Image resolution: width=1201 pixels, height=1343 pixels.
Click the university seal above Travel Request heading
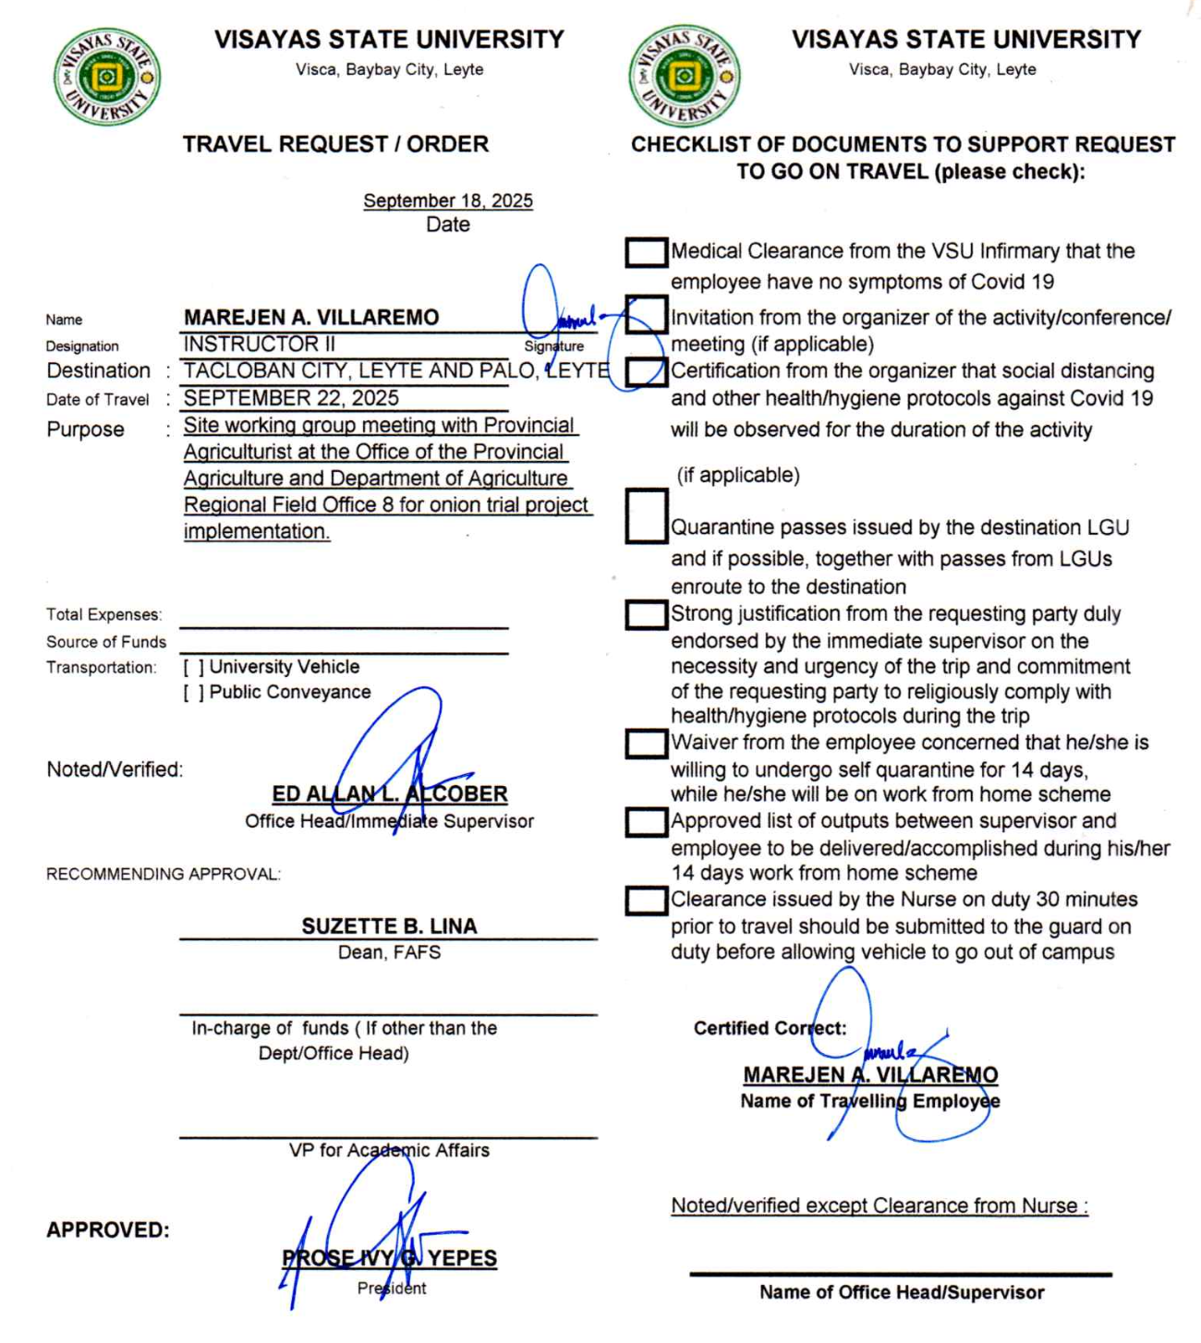pos(107,77)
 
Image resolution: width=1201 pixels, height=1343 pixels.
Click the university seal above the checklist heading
pos(684,76)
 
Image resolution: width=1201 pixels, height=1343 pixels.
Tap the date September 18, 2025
pos(448,200)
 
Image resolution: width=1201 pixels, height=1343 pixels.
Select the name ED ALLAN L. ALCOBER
pos(390,794)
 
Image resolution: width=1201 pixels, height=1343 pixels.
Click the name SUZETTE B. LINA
pos(389,926)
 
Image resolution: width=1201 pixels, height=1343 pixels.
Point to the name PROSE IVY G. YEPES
pos(390,1258)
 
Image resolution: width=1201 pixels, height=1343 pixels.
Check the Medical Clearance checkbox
pos(646,252)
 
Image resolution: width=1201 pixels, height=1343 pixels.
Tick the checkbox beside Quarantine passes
pos(646,515)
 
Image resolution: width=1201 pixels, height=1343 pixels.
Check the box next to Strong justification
pos(646,615)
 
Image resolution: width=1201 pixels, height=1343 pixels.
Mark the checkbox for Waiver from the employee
pos(646,744)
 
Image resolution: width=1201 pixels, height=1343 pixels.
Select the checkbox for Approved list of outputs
pos(646,822)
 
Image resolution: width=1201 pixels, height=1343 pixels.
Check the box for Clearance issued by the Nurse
pos(646,901)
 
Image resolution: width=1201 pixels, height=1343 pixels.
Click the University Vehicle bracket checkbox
pos(193,667)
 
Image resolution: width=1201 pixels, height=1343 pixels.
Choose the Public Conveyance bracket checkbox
pos(193,693)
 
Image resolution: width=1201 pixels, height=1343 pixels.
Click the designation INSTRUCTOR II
pos(260,345)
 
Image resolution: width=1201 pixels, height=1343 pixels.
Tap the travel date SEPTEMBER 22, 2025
pos(291,398)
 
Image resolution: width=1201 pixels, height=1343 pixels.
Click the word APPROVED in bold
pos(108,1230)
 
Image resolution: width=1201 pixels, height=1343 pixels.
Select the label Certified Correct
pos(770,1028)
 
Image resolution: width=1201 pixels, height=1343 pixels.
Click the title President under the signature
pos(392,1289)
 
